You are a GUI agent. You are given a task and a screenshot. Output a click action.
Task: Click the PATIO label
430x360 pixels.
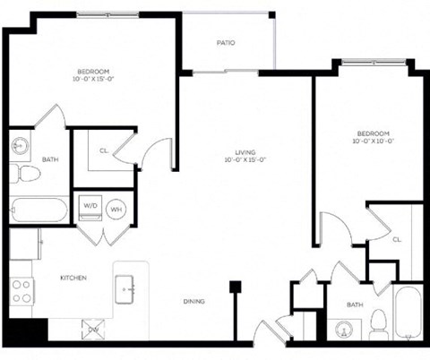[227, 42]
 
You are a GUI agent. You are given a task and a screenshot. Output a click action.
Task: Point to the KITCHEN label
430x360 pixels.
[73, 279]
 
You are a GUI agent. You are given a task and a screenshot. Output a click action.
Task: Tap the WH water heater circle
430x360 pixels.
[116, 209]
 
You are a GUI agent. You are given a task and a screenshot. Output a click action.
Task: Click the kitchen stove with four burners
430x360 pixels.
[21, 289]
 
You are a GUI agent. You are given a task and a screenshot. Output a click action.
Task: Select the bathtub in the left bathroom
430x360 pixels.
[39, 211]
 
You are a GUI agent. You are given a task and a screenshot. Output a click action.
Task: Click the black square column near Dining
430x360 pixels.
[236, 287]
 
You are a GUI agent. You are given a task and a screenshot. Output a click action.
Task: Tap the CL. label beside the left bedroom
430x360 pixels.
[104, 150]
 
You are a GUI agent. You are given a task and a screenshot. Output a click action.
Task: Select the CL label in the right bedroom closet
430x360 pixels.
[397, 239]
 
